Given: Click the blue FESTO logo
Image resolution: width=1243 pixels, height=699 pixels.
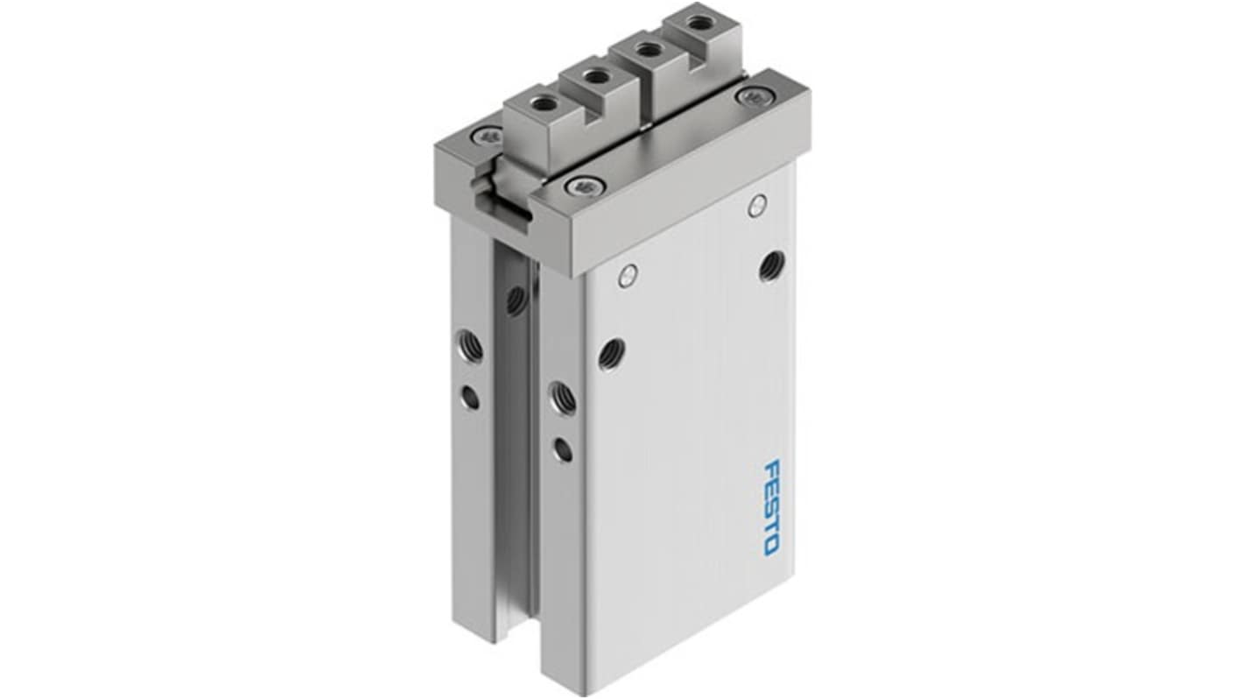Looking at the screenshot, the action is pyautogui.click(x=770, y=507).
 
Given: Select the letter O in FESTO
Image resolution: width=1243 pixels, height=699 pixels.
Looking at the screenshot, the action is pyautogui.click(x=771, y=547).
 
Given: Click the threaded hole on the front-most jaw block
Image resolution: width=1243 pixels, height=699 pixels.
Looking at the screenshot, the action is pyautogui.click(x=537, y=104).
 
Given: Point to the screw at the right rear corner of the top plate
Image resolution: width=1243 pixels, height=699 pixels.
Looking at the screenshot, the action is pyautogui.click(x=753, y=96).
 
